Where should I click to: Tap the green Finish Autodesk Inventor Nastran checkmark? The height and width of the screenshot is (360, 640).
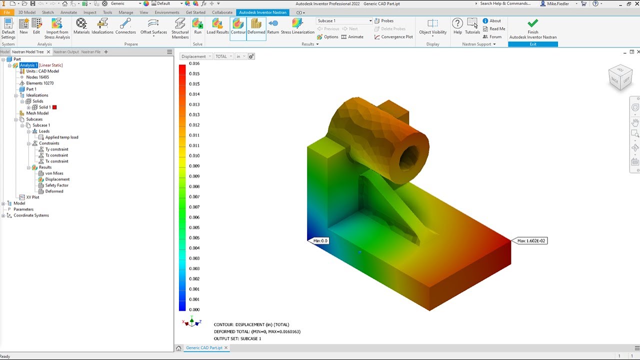point(533,23)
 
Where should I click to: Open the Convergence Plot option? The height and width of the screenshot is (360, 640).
point(393,37)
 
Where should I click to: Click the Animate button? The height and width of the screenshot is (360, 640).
point(352,37)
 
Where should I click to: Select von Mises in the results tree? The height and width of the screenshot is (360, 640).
point(54,173)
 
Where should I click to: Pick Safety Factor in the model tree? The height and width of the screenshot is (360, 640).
point(56,185)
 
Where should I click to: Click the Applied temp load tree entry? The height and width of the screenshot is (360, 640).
point(61,137)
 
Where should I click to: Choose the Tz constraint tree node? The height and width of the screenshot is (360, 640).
point(56,155)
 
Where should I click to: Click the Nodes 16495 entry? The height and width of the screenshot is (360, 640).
point(37,77)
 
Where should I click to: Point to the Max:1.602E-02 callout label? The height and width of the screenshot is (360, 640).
point(531,241)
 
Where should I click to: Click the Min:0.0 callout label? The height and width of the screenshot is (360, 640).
point(320,241)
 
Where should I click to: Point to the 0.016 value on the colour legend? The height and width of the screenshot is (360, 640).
point(194,63)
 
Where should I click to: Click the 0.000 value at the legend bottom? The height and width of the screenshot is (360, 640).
point(194,309)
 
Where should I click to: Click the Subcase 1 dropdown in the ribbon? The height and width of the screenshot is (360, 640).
point(344,21)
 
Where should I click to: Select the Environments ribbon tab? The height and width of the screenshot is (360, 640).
point(167,12)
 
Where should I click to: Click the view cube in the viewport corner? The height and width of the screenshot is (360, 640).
point(620,77)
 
